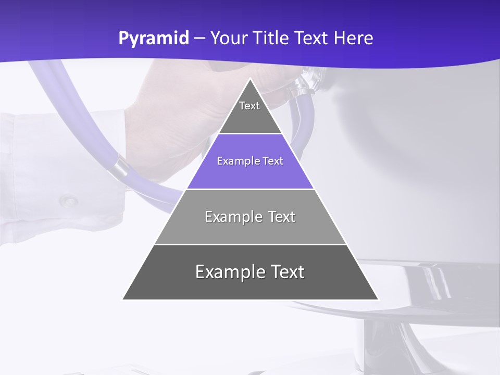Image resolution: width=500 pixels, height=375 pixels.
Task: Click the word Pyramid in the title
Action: click(154, 39)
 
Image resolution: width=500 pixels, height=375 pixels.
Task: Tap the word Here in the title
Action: click(354, 39)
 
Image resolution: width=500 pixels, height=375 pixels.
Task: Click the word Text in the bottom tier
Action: click(286, 272)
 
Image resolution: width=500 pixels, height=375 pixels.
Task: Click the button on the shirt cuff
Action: click(68, 200)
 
